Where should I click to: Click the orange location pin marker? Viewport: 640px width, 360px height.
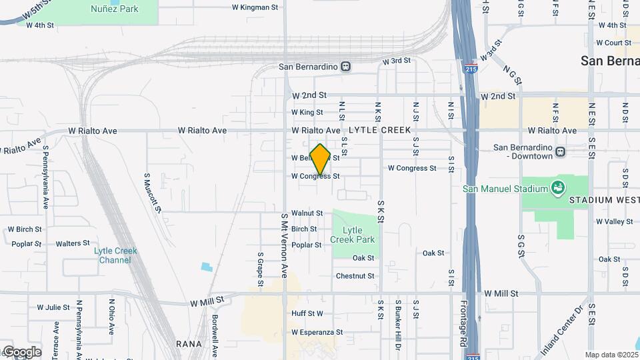(x=320, y=159)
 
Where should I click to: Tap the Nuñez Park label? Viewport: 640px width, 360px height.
(x=115, y=9)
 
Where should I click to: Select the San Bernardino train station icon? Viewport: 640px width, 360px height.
(x=345, y=66)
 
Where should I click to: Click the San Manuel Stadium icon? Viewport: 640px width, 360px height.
(x=556, y=189)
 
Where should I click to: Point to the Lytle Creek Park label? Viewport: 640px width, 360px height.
(x=353, y=235)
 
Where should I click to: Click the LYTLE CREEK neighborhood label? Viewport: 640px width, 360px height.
(x=379, y=131)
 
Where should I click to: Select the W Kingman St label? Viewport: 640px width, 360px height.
(x=255, y=7)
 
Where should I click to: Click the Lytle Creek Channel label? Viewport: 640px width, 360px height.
(x=116, y=255)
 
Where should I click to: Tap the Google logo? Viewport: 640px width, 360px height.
(x=21, y=351)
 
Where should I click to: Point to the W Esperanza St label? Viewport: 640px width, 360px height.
(x=317, y=332)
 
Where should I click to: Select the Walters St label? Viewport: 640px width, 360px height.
(x=73, y=243)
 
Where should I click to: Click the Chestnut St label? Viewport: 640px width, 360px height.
(x=355, y=276)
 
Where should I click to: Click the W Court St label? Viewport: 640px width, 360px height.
(x=613, y=43)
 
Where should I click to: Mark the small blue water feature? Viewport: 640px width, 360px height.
(x=207, y=267)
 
